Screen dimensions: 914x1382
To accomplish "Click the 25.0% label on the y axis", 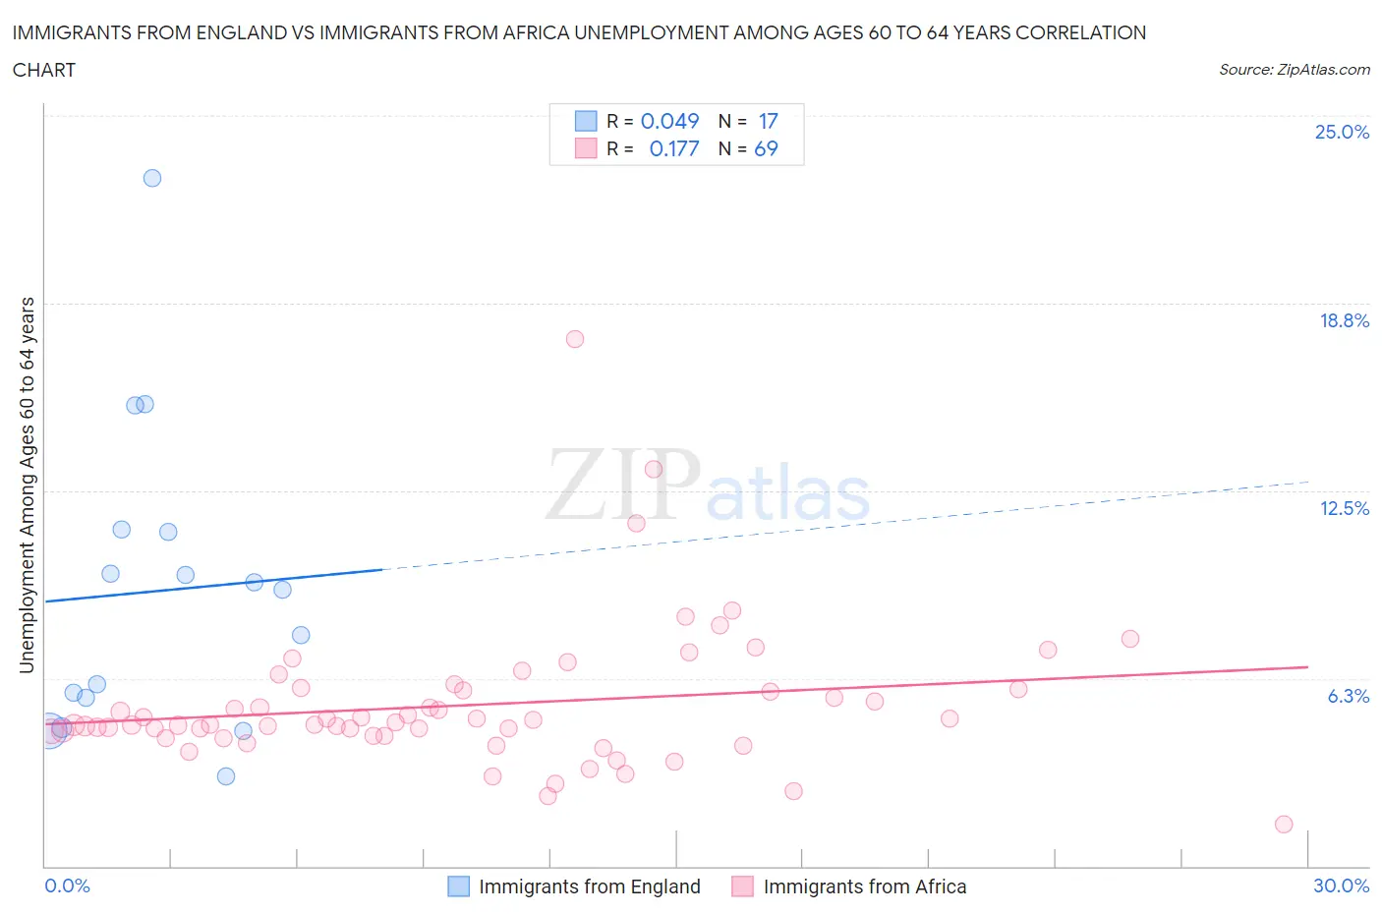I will click(1342, 132).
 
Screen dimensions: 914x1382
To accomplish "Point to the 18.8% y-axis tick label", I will click(1344, 320).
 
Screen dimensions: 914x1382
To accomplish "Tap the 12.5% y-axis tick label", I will click(1344, 508).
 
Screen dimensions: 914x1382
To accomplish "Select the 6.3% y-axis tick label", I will click(1348, 696).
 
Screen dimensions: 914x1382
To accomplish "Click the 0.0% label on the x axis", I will click(67, 885).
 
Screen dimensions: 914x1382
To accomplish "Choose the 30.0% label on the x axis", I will click(1341, 885).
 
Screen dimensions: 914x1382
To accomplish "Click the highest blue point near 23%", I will click(152, 178).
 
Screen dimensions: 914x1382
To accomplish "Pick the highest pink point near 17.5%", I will click(575, 339).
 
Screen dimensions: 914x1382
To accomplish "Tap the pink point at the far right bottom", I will click(1284, 825).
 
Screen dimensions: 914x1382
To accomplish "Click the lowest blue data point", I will click(226, 776).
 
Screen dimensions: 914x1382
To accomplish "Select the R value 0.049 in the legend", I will click(669, 121).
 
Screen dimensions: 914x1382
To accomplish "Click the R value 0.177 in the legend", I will click(674, 148).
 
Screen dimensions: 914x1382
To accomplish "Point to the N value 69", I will click(766, 148).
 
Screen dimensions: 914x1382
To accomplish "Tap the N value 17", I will click(768, 121).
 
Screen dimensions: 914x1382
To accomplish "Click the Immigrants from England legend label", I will click(589, 886).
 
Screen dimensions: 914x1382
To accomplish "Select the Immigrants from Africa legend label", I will click(864, 886).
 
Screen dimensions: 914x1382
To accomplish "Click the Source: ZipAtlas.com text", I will click(1294, 69).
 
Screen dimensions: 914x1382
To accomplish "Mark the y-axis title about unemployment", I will click(27, 486).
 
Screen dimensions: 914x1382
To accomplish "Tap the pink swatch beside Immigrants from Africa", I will click(742, 886).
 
